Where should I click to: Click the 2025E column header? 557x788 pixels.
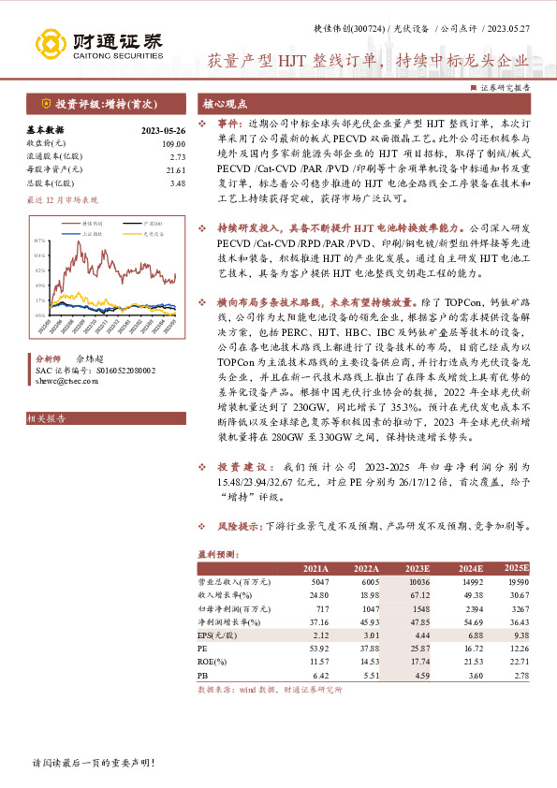point(516,568)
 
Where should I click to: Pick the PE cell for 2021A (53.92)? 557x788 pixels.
point(317,647)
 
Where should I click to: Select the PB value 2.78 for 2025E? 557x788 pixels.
point(518,673)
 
